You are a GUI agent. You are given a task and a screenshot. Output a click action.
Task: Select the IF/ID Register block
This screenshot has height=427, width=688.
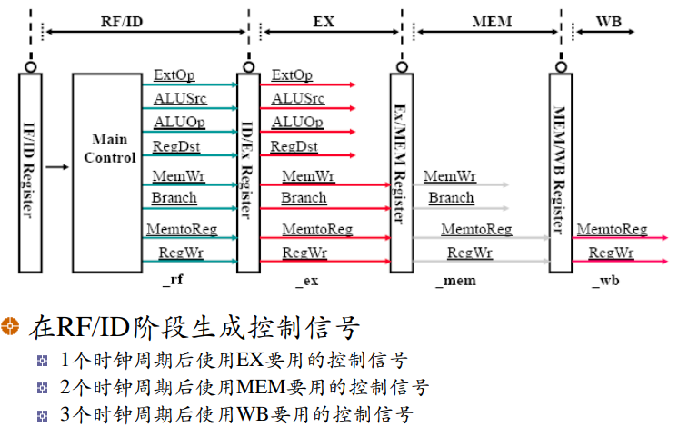pos(30,173)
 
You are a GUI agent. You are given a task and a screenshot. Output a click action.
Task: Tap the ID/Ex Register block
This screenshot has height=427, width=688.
pos(247,173)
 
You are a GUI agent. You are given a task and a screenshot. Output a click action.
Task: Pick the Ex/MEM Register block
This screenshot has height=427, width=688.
pos(401,173)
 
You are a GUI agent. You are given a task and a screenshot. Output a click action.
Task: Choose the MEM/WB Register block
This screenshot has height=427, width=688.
pos(561,173)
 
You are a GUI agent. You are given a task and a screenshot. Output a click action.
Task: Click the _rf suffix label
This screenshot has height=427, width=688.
pos(173,281)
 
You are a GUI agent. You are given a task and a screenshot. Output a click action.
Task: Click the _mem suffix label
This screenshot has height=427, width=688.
pos(454,281)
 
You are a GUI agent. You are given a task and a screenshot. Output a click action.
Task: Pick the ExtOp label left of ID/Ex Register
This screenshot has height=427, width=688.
pos(174,75)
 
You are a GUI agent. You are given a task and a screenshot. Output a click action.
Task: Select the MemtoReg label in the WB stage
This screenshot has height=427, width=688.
pos(612,230)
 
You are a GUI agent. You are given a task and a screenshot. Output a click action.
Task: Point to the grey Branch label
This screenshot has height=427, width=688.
pos(451,198)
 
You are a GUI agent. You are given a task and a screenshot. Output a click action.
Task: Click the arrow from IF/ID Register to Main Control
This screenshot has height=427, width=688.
pos(56,166)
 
